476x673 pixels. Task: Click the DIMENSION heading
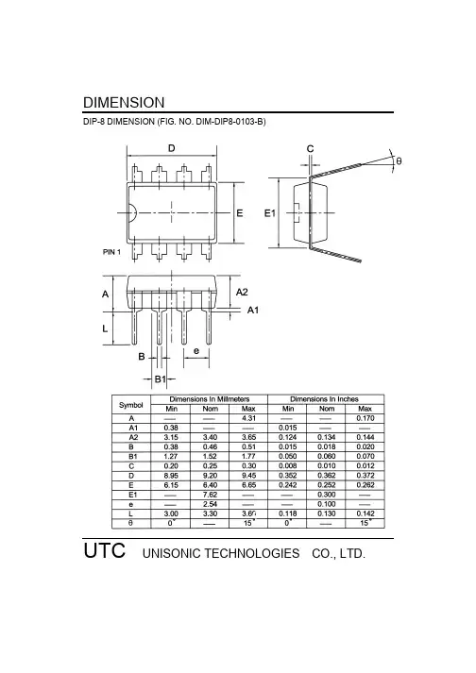tap(124, 103)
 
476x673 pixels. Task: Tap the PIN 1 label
tap(111, 252)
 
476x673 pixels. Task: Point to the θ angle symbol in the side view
tap(399, 161)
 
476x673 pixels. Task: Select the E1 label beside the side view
tap(270, 213)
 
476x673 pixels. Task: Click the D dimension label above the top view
tap(171, 148)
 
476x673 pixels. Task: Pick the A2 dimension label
tap(242, 292)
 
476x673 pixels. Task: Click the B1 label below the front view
tap(160, 379)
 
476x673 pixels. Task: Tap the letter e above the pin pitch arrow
tap(196, 351)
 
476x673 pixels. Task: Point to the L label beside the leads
tap(105, 328)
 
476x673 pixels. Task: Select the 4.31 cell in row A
tap(248, 418)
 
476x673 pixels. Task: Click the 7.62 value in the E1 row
tap(210, 495)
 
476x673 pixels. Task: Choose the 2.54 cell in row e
tap(210, 504)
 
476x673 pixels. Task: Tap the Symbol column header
tap(131, 405)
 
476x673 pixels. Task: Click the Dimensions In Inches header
tap(324, 399)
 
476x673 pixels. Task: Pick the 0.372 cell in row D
tap(365, 475)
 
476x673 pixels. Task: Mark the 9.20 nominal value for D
tap(210, 475)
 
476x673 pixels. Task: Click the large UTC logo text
tap(105, 550)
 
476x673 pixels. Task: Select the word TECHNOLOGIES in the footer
tap(252, 554)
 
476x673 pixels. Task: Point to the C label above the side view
tap(310, 148)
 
